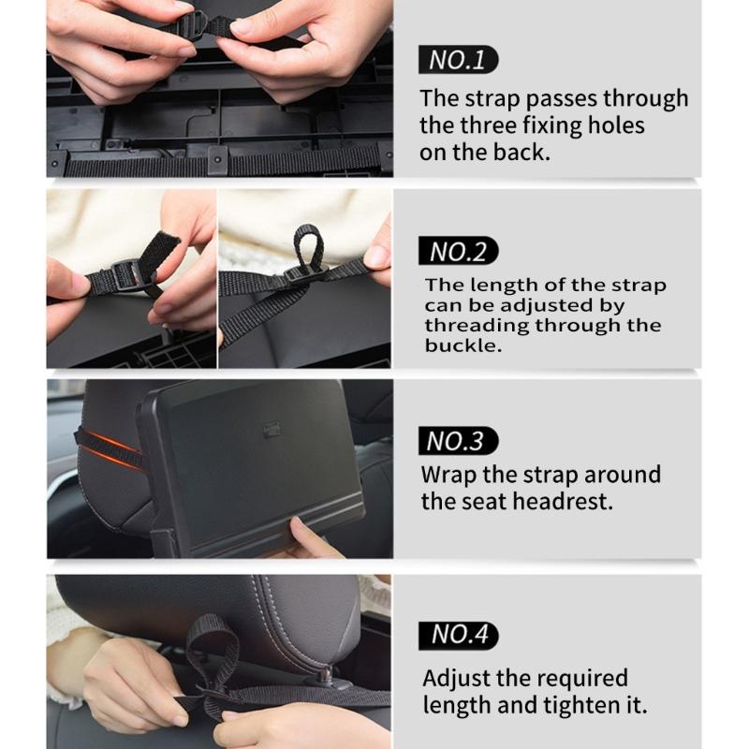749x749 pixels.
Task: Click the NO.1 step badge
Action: (458, 61)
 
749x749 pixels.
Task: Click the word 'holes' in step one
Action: (613, 125)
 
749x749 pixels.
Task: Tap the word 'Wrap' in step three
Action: (448, 474)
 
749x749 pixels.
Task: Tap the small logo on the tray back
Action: (273, 428)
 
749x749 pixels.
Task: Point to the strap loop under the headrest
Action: (210, 646)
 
